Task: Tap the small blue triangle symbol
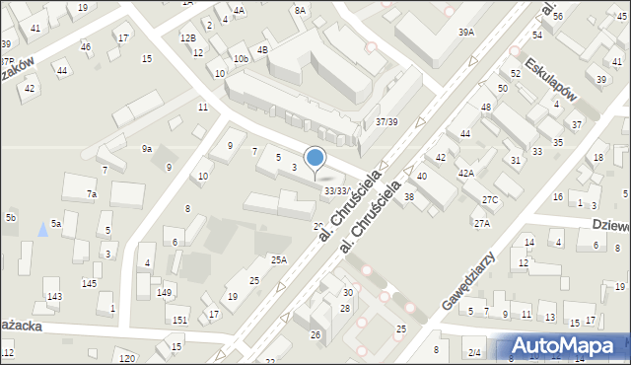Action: (x=41, y=229)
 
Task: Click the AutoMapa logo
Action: (x=562, y=345)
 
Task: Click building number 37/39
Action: (x=386, y=122)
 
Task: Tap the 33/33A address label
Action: (x=338, y=190)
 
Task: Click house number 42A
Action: (x=465, y=173)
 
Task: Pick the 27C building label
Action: (x=490, y=200)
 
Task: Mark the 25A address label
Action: (x=279, y=260)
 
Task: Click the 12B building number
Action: (x=187, y=37)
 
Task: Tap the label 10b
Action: (x=241, y=59)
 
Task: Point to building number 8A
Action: (x=300, y=10)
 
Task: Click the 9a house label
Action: (x=146, y=148)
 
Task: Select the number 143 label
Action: (x=54, y=296)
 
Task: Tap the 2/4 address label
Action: (x=474, y=352)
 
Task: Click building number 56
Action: (x=558, y=17)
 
